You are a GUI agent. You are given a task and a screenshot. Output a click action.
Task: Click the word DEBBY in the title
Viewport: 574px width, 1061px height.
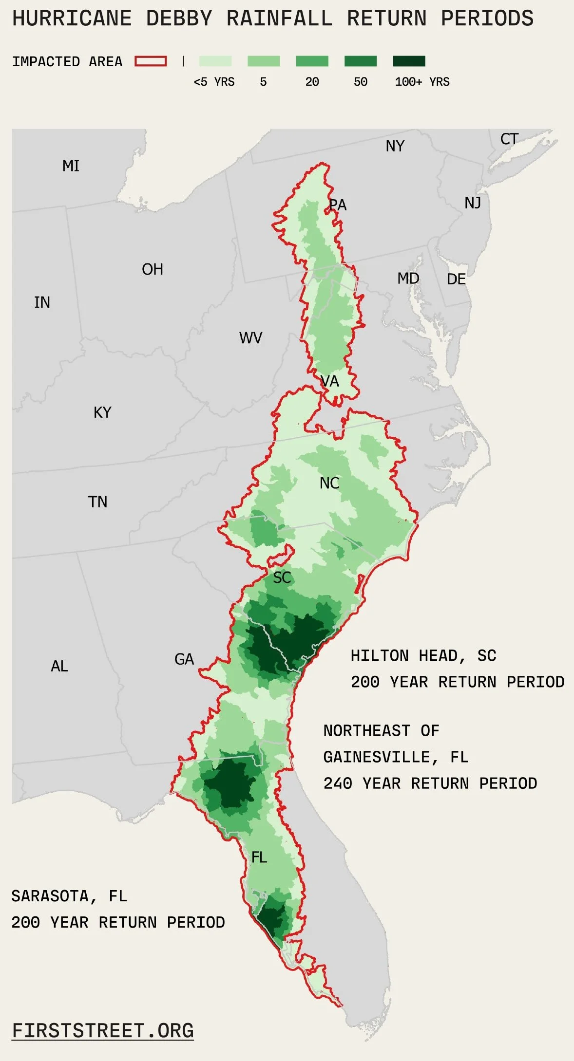coord(179,19)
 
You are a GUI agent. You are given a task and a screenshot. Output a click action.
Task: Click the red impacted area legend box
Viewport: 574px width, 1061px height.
coord(151,61)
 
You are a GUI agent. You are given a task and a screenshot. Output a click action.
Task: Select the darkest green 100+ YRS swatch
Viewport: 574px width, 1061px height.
coord(409,61)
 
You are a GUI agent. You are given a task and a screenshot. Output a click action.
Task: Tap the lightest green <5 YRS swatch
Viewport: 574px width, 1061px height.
coord(215,61)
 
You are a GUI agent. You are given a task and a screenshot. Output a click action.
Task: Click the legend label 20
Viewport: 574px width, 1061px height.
coord(312,82)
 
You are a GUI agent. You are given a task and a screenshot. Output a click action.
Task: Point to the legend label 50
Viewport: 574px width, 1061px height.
coord(361,82)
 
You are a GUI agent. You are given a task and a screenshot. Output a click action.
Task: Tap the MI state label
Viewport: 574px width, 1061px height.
coord(71,166)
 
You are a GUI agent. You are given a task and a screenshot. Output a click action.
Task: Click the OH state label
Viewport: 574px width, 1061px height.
coord(153,269)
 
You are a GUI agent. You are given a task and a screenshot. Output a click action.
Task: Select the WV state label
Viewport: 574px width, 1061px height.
coord(250,338)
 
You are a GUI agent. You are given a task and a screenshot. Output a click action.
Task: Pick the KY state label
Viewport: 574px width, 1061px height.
coord(102,412)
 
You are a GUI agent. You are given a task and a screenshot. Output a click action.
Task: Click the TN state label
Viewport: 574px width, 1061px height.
coord(97,502)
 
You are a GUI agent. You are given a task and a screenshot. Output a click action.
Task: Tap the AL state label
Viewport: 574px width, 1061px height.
coord(59,666)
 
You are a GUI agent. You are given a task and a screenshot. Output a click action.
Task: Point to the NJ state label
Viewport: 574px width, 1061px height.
coord(473,203)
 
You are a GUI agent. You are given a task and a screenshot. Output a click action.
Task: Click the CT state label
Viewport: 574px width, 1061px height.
coord(509,139)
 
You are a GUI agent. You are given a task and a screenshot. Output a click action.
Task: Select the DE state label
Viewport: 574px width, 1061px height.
coord(456,279)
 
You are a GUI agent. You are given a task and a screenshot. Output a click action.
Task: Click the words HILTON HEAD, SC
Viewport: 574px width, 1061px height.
coord(423,656)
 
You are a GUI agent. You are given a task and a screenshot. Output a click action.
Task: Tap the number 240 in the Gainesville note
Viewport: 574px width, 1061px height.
coord(337,783)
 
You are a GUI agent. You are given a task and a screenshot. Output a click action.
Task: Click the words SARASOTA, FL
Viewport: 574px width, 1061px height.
coord(69,896)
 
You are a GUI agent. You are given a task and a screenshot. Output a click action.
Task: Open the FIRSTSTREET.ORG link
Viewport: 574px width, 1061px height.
coord(103,1031)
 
